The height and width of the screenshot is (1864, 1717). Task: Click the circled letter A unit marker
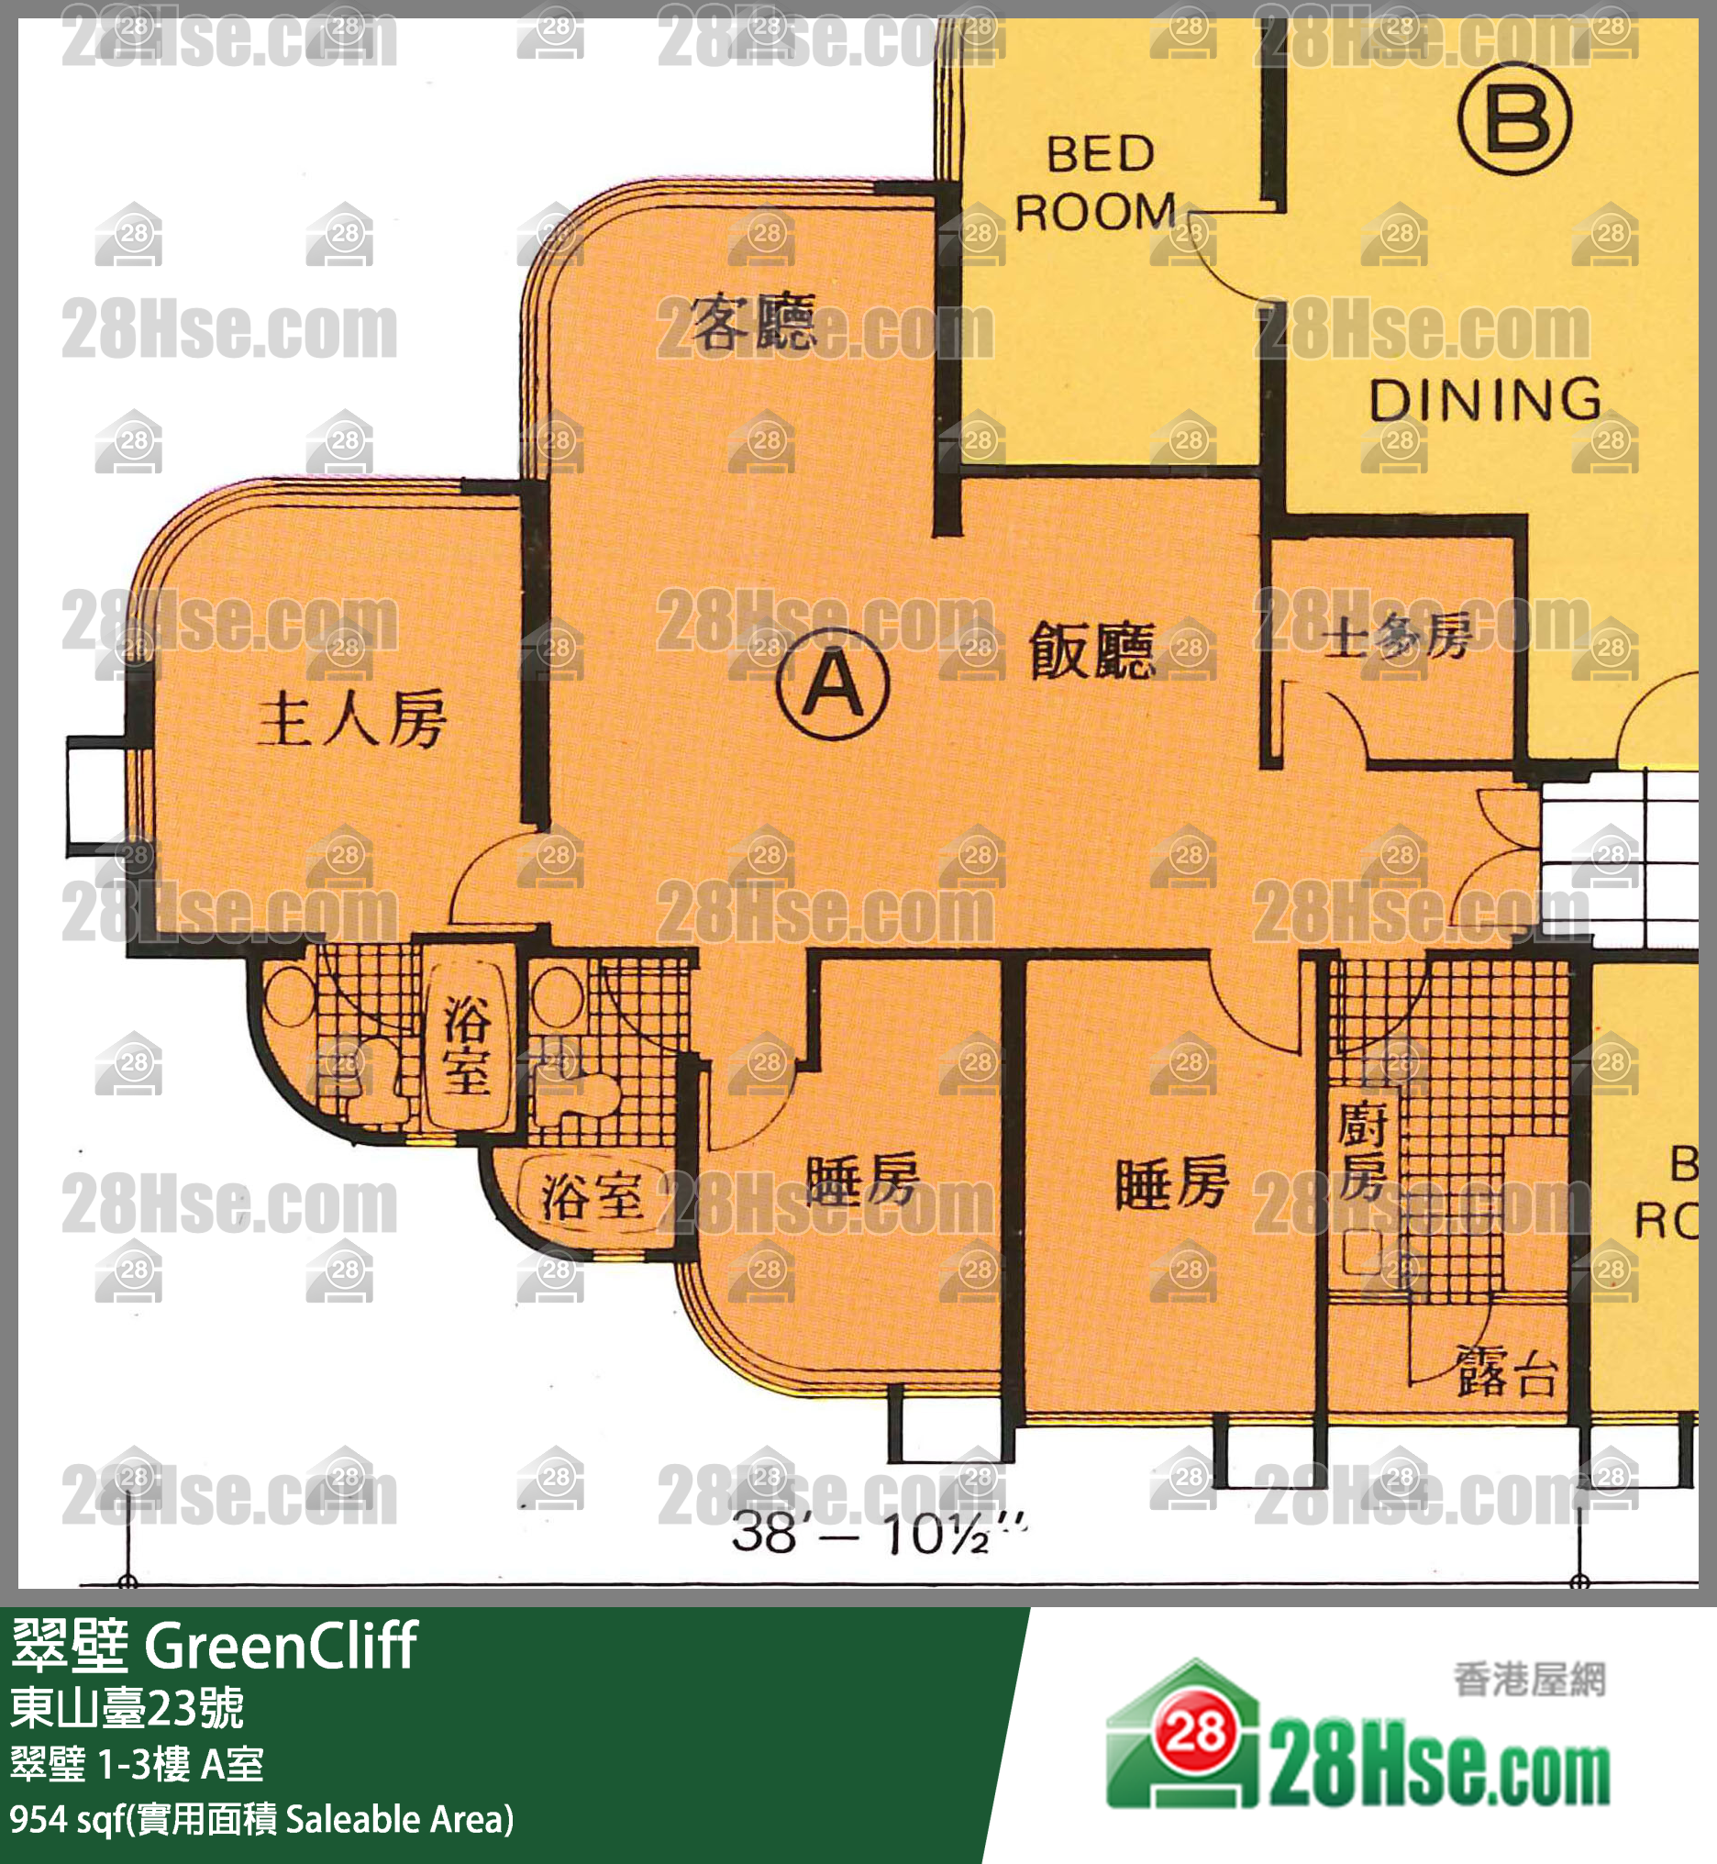(833, 683)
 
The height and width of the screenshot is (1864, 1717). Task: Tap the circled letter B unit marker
(1514, 119)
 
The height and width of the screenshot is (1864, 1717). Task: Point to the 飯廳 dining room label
(1092, 649)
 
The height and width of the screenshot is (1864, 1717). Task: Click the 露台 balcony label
(1506, 1371)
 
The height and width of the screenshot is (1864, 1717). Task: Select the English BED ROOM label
(1096, 183)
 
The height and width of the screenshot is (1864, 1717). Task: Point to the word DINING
(1485, 400)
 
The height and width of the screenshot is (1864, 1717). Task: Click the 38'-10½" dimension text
(879, 1533)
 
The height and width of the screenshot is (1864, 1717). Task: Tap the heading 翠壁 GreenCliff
(214, 1646)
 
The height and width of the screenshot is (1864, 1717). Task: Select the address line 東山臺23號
(127, 1707)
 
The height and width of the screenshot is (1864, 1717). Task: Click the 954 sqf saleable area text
(261, 1819)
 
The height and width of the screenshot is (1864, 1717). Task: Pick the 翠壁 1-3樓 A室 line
(138, 1763)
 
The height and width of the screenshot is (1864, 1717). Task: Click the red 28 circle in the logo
(1196, 1730)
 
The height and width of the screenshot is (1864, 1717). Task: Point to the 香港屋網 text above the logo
(1529, 1680)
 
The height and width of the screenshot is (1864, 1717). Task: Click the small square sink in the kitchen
(1362, 1251)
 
